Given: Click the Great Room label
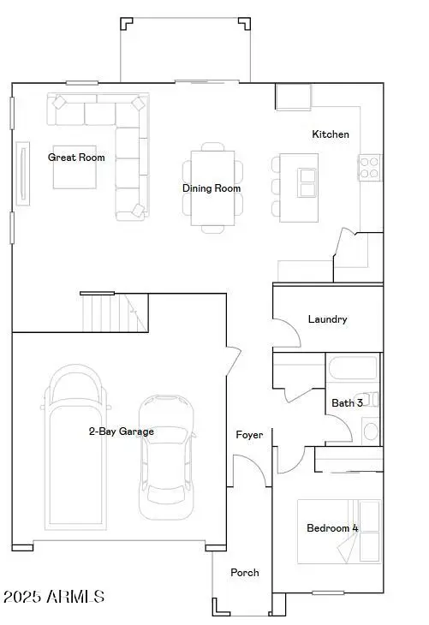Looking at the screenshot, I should [x=76, y=158].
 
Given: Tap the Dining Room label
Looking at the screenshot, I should [x=211, y=188].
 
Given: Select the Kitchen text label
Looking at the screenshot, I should [x=330, y=134].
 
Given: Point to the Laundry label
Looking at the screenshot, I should [x=327, y=319].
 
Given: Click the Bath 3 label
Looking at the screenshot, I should [x=348, y=402].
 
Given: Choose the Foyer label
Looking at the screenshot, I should [x=249, y=435].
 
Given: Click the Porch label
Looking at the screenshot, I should [x=244, y=573].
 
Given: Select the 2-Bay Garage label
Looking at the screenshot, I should [x=121, y=432].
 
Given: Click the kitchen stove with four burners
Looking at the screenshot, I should [x=369, y=167].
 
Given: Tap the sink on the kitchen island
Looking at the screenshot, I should [x=307, y=181].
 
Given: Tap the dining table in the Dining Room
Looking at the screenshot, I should [x=212, y=187].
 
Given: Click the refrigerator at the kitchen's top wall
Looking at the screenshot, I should [x=293, y=97].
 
